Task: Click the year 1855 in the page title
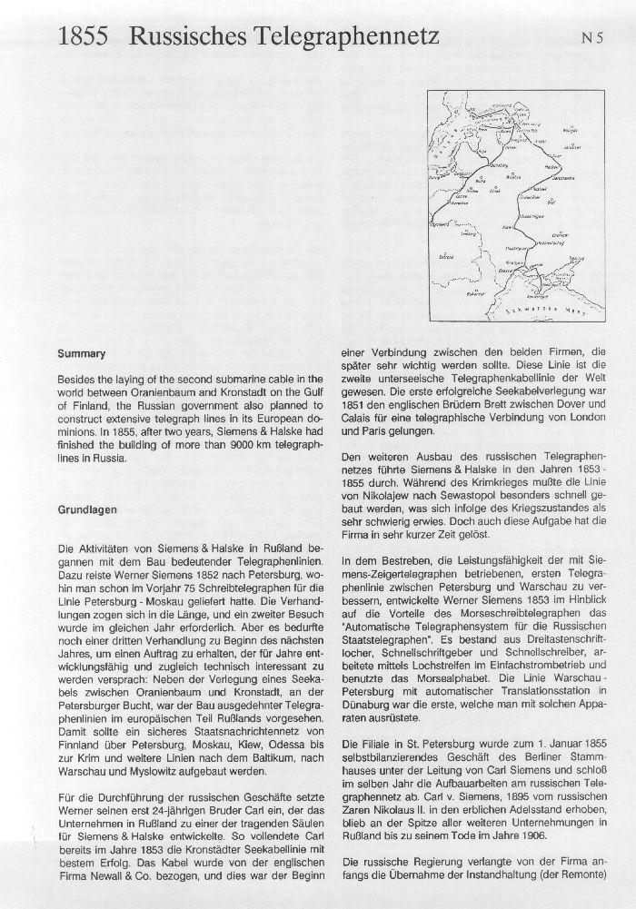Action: pos(84,37)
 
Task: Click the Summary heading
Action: pos(82,353)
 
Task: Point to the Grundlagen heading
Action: pos(87,510)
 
